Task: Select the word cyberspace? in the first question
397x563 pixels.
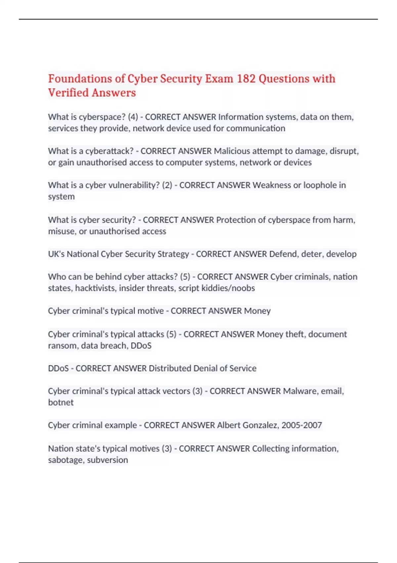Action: pyautogui.click(x=102, y=117)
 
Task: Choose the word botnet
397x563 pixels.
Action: pyautogui.click(x=61, y=402)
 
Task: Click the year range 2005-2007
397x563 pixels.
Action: pyautogui.click(x=301, y=425)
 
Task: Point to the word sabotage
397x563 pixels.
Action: pyautogui.click(x=66, y=460)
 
